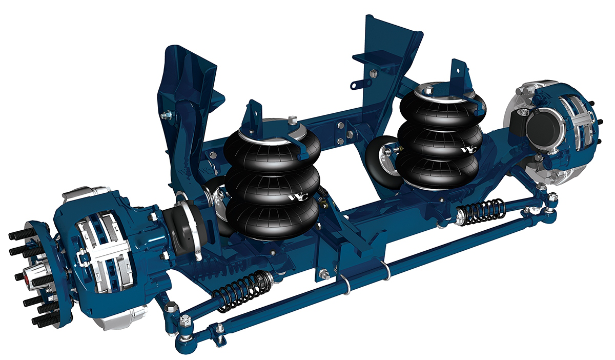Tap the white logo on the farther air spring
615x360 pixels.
(468, 150)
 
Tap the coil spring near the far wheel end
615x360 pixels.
(480, 210)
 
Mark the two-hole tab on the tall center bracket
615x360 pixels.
(361, 82)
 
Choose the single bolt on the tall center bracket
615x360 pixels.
(373, 73)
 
